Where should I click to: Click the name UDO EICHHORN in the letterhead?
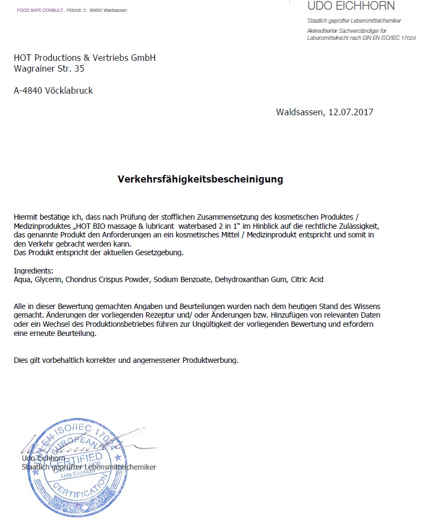pyautogui.click(x=350, y=6)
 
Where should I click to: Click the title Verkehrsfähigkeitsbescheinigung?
pyautogui.click(x=201, y=179)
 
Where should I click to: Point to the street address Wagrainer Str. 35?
pyautogui.click(x=49, y=68)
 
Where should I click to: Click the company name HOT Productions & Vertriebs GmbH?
pyautogui.click(x=85, y=58)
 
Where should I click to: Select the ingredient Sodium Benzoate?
pyautogui.click(x=183, y=279)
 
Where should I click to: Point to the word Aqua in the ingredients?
pyautogui.click(x=23, y=279)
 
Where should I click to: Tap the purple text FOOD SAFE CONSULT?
pyautogui.click(x=39, y=10)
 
